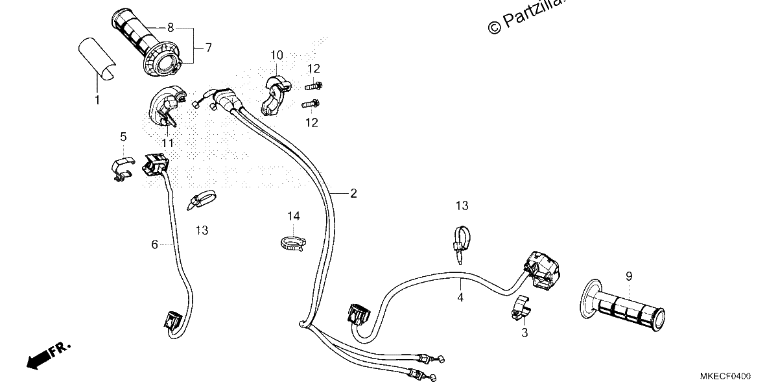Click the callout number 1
coord(97,100)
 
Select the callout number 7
coord(208,47)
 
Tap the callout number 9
coord(629,276)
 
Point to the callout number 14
coord(294,217)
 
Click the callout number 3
coord(525,333)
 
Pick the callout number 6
coord(154,244)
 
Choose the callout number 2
coord(353,193)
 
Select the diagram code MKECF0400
coord(725,376)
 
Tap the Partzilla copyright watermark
coord(526,16)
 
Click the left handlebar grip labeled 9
coord(623,305)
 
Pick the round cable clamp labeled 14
coord(293,243)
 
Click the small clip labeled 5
coord(123,168)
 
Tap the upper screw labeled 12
coord(314,86)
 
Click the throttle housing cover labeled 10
coord(276,95)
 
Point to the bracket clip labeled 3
coord(521,308)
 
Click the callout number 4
coord(460,298)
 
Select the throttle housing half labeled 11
coord(167,106)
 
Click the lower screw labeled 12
coord(311,104)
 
